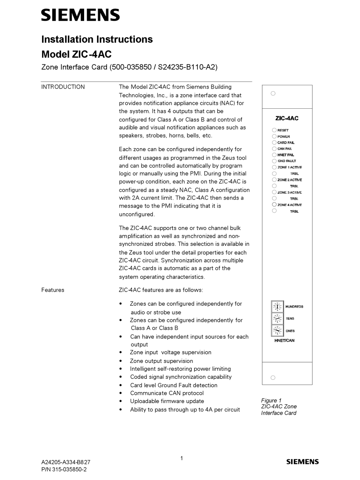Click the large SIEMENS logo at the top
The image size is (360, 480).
80,15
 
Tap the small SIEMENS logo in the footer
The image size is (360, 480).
302,461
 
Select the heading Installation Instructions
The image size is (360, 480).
97,39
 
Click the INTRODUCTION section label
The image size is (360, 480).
63,87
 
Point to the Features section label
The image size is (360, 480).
53,290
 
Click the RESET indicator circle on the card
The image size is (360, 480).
274,130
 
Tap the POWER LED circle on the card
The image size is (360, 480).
274,136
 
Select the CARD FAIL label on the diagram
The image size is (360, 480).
286,143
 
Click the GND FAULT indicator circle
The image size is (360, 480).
274,161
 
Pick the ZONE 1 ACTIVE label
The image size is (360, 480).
290,167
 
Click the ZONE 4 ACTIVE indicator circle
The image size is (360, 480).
274,205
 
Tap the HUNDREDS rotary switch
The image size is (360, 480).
277,306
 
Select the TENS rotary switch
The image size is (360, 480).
277,319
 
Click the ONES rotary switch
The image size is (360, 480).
277,331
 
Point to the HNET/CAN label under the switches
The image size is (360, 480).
284,341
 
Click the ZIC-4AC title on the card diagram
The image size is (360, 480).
287,118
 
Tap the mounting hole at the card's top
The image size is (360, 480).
273,93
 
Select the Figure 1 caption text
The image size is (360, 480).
279,407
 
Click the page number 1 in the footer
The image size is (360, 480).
182,458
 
